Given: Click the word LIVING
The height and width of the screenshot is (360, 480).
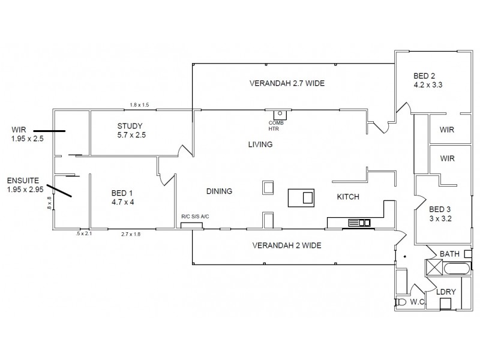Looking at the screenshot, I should click(x=261, y=145).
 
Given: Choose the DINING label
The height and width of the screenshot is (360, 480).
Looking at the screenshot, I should click(x=219, y=191).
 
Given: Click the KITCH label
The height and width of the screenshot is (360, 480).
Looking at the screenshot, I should click(x=347, y=197).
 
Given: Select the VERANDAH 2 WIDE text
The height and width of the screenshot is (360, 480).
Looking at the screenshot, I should click(x=286, y=245).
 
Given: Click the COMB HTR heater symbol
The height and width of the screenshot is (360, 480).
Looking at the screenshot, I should click(x=280, y=115).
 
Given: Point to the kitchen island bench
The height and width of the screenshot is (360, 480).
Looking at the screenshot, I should click(x=301, y=197).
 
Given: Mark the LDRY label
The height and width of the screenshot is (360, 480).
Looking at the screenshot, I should click(x=446, y=292).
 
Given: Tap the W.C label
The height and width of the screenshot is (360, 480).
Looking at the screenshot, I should click(x=418, y=301).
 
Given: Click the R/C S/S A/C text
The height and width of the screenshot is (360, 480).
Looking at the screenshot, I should click(x=195, y=217).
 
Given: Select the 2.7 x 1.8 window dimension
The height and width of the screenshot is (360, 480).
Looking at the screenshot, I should click(x=131, y=233).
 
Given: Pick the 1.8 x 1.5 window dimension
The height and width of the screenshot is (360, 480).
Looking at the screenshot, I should click(x=139, y=105).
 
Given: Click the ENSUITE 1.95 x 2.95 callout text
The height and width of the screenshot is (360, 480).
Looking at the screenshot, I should click(x=24, y=185).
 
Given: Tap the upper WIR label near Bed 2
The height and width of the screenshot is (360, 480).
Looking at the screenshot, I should click(x=447, y=129).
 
